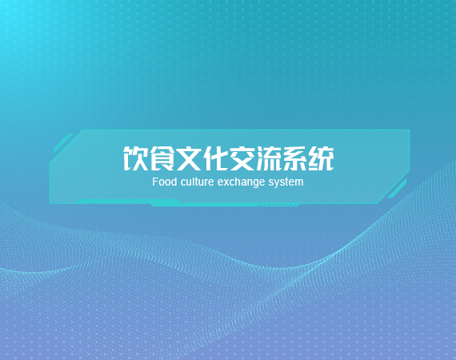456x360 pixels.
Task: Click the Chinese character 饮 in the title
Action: pyautogui.click(x=135, y=158)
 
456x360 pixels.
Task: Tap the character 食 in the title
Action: pyautogui.click(x=162, y=158)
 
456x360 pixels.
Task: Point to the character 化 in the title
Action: pyautogui.click(x=214, y=158)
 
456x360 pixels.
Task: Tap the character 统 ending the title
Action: pyautogui.click(x=321, y=158)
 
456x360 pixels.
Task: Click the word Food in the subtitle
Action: pyautogui.click(x=165, y=182)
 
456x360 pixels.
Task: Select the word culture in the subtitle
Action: pyautogui.click(x=197, y=182)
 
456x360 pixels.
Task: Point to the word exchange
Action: pyautogui.click(x=241, y=182)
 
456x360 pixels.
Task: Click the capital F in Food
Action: pyautogui.click(x=155, y=182)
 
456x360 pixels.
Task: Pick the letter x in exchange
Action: pyautogui.click(x=225, y=183)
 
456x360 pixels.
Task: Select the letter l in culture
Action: pyautogui.click(x=194, y=182)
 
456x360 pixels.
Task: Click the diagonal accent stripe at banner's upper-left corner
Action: pyautogui.click(x=63, y=143)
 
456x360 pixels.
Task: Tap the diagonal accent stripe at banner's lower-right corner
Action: pyautogui.click(x=397, y=189)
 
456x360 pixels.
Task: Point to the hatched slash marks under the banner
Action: pyautogui.click(x=279, y=206)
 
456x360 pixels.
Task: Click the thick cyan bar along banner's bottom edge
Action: pyautogui.click(x=203, y=203)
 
